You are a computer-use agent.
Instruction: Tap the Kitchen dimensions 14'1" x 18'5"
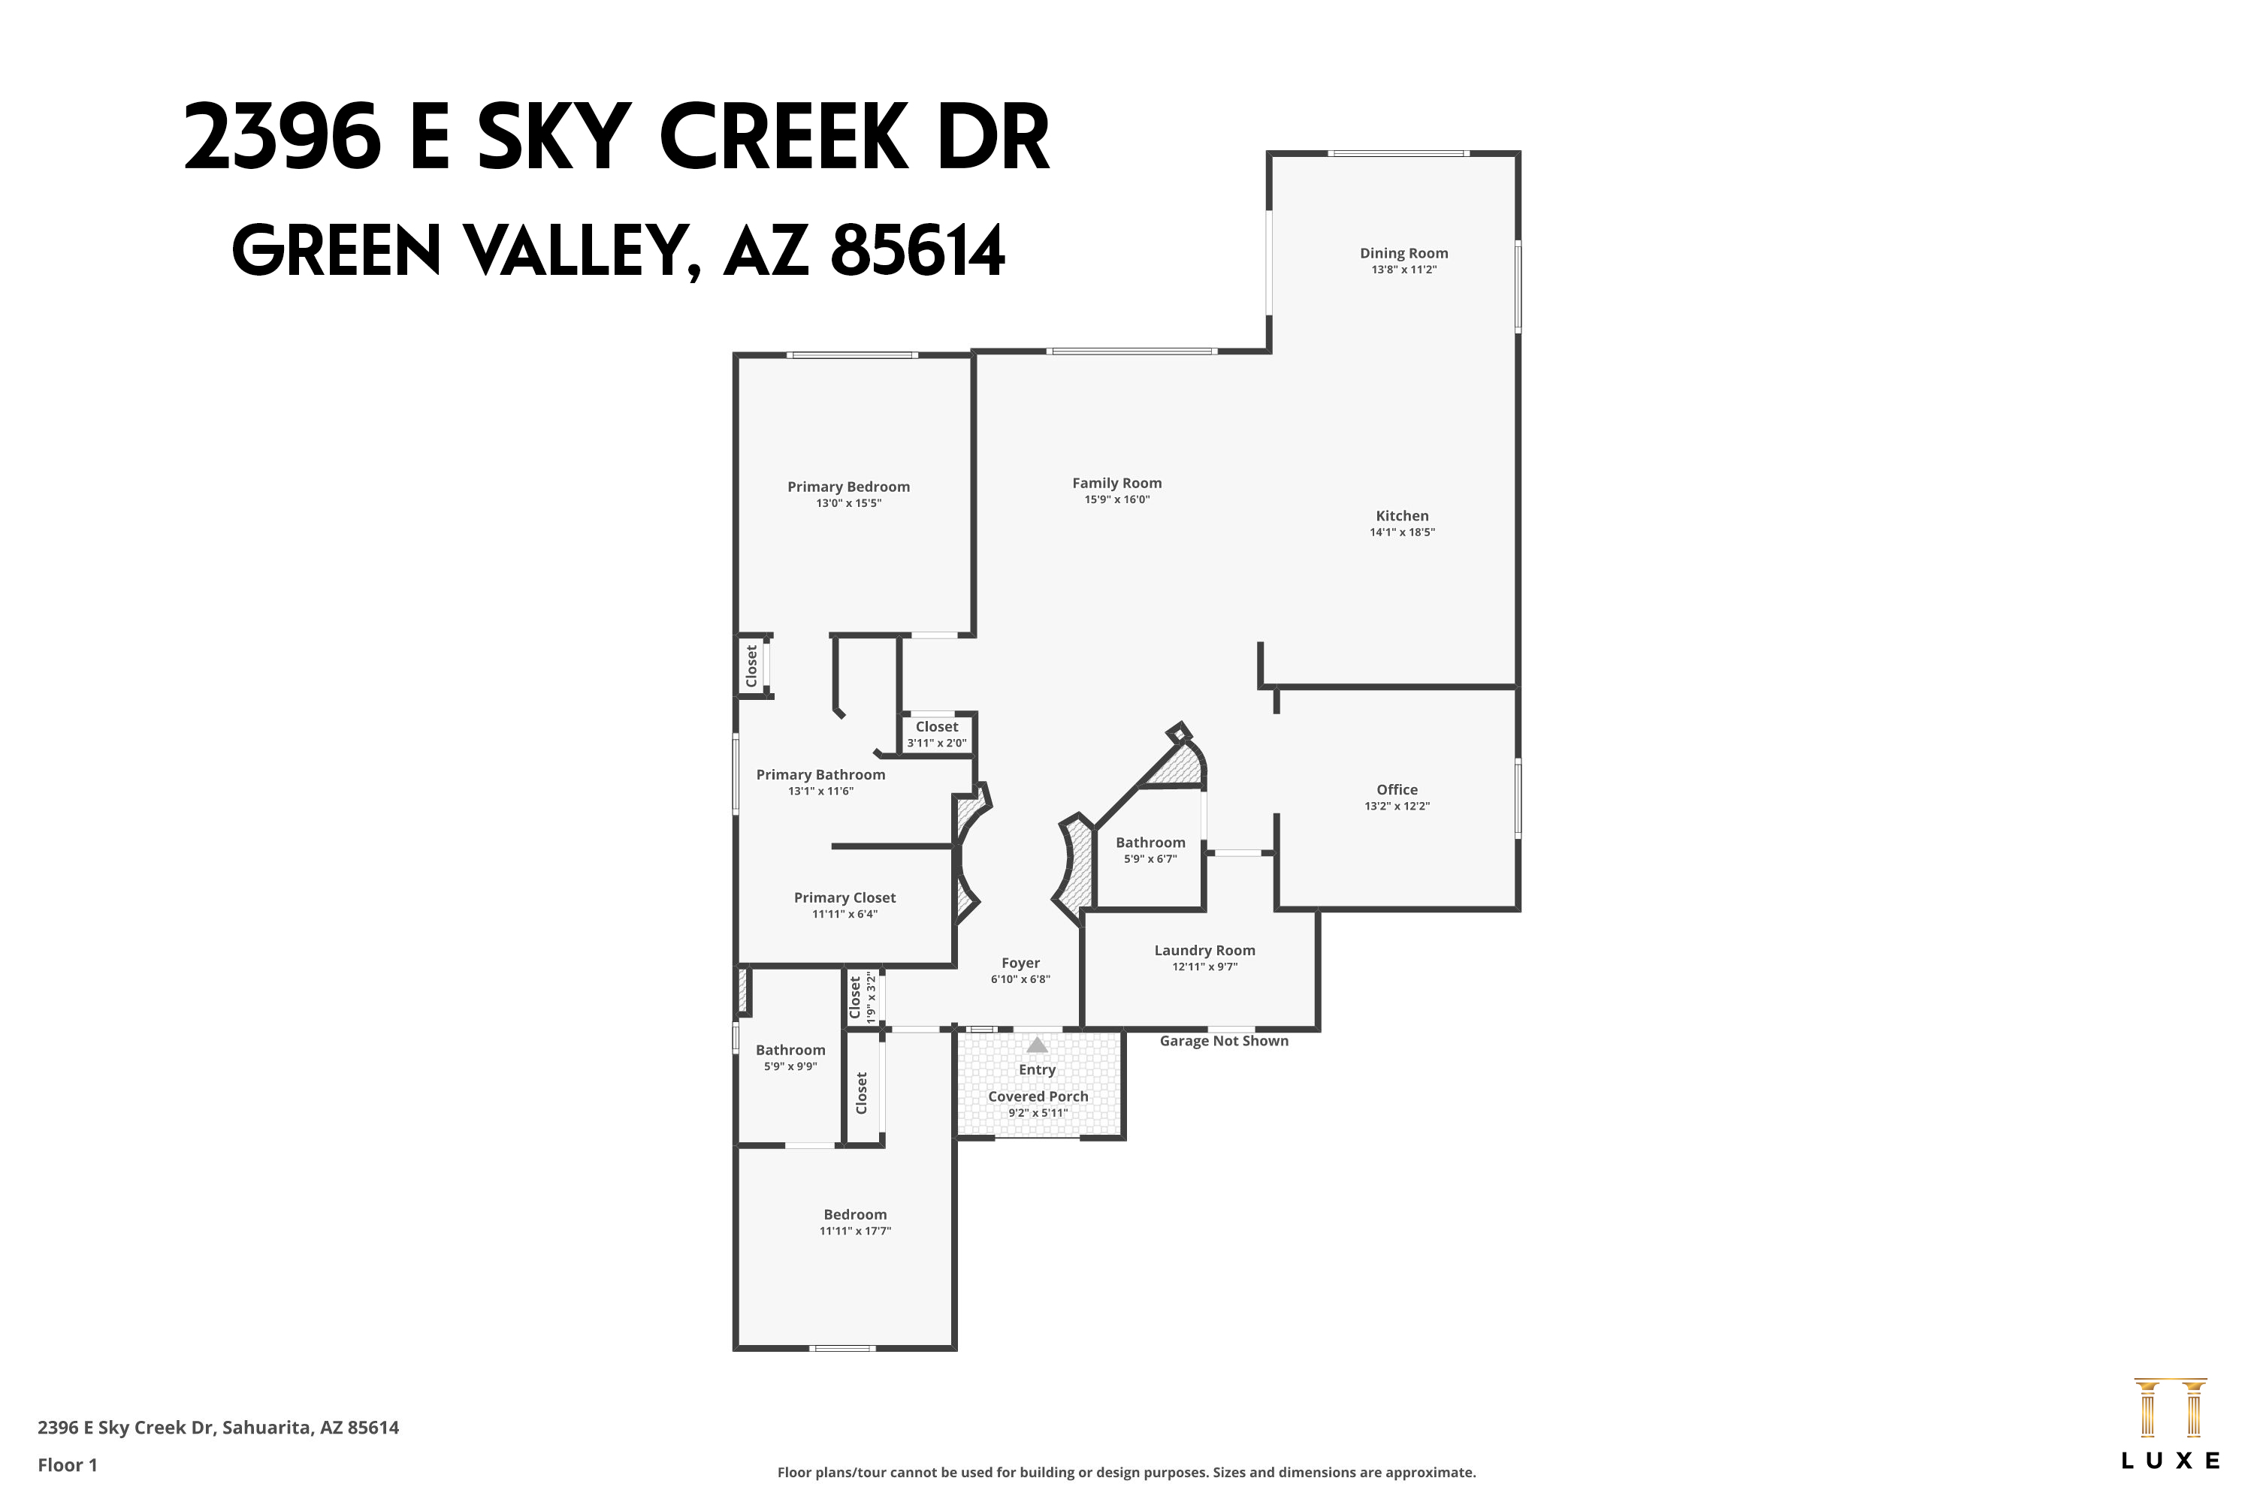coord(1401,532)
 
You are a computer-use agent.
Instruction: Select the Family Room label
coord(1116,484)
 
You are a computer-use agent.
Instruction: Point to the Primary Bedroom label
coord(848,487)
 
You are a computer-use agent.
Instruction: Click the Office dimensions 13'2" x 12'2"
coord(1396,807)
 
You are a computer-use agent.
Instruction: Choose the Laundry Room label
coord(1204,950)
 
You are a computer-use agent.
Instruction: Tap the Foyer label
coord(1020,963)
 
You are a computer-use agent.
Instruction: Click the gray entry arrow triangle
coord(1037,1045)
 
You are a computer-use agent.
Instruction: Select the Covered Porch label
coord(1038,1096)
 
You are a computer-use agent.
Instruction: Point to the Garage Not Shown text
coord(1223,1041)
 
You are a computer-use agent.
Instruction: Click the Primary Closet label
coord(844,897)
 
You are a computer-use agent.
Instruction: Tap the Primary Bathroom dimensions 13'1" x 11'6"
coord(820,792)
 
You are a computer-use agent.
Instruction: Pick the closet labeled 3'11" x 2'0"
coord(936,734)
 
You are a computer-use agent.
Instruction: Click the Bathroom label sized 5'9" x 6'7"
coord(1150,843)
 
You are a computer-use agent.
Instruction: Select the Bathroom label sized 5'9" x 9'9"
coord(790,1050)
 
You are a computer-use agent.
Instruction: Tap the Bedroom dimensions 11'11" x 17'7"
coord(855,1231)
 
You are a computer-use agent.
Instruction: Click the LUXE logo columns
coord(2170,1408)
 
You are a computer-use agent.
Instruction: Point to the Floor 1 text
coord(67,1464)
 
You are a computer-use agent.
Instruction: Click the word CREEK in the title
coord(782,139)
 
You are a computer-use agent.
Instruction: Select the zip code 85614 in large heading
coord(917,251)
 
